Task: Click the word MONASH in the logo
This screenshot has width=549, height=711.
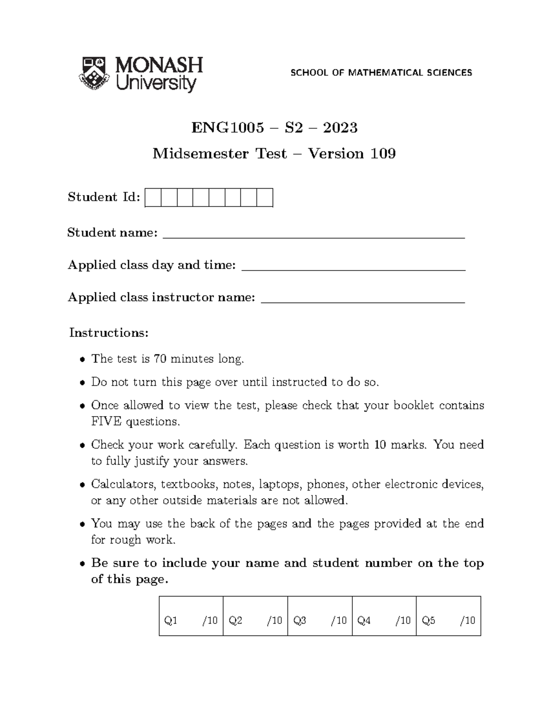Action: pyautogui.click(x=159, y=65)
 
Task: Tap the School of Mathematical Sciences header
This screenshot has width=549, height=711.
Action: pyautogui.click(x=381, y=72)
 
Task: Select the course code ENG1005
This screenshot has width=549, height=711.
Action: pyautogui.click(x=227, y=127)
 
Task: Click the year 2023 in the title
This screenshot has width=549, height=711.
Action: pyautogui.click(x=340, y=127)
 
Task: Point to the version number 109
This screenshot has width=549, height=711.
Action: pyautogui.click(x=383, y=153)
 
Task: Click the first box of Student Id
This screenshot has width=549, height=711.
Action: pyautogui.click(x=153, y=198)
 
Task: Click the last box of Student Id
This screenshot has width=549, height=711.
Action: pyautogui.click(x=265, y=198)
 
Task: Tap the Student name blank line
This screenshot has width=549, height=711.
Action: pyautogui.click(x=314, y=237)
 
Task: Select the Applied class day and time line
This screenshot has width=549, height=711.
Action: pyautogui.click(x=353, y=269)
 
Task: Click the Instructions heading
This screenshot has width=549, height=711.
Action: pyautogui.click(x=109, y=333)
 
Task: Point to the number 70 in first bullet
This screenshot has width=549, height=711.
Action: pyautogui.click(x=160, y=358)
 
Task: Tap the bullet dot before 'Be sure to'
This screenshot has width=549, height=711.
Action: pyautogui.click(x=82, y=564)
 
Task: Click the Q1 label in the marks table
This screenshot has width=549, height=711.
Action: pyautogui.click(x=171, y=621)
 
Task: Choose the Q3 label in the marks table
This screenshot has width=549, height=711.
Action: pyautogui.click(x=300, y=621)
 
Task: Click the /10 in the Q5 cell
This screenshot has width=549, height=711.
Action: pyautogui.click(x=468, y=621)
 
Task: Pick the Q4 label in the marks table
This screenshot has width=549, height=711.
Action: pyautogui.click(x=364, y=621)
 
